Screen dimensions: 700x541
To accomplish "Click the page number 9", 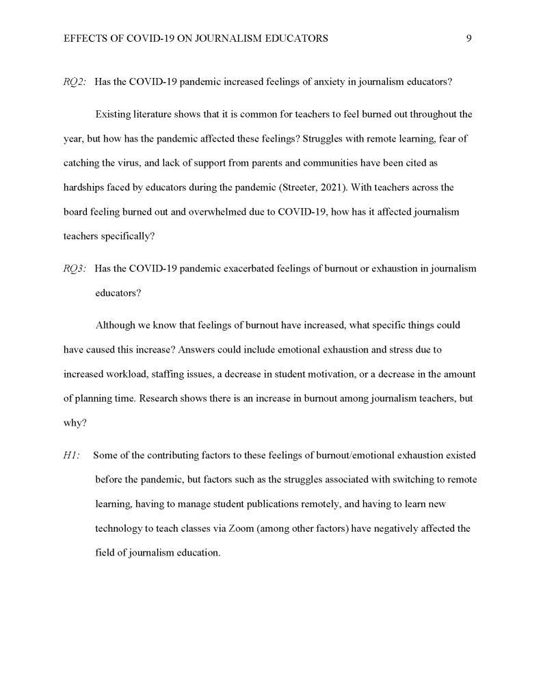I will click(x=469, y=39).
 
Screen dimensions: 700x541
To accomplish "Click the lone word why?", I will click(x=75, y=423).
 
